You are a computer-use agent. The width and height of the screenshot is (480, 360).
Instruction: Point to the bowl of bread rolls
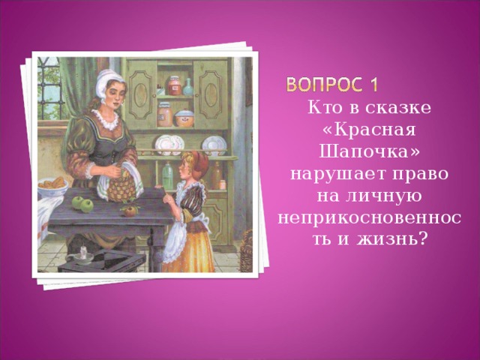[x=52, y=184]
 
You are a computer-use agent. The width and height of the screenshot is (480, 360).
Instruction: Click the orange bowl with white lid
[x=184, y=116]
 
